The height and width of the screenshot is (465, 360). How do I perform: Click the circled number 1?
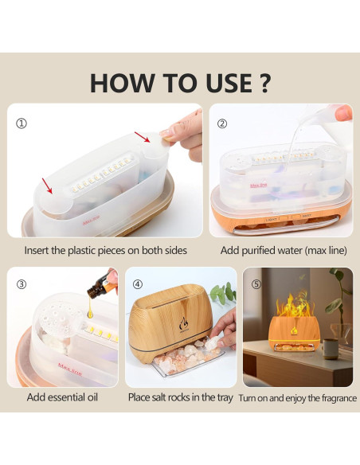(x=21, y=123)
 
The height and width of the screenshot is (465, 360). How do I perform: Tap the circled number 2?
(x=222, y=123)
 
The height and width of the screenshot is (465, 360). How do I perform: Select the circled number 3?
(x=21, y=284)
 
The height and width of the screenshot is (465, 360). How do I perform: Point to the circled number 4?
(x=138, y=284)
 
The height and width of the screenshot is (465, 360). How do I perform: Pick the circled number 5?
(x=256, y=284)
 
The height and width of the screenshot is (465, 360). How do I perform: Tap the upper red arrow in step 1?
(x=143, y=137)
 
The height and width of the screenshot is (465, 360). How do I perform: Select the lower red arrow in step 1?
(x=47, y=186)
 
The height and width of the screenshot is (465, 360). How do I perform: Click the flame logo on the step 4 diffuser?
(x=183, y=324)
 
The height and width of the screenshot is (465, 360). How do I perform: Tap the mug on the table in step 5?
(x=330, y=349)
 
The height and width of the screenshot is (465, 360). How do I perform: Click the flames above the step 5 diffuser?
(x=294, y=303)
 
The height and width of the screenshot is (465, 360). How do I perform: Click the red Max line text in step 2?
(x=259, y=186)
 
